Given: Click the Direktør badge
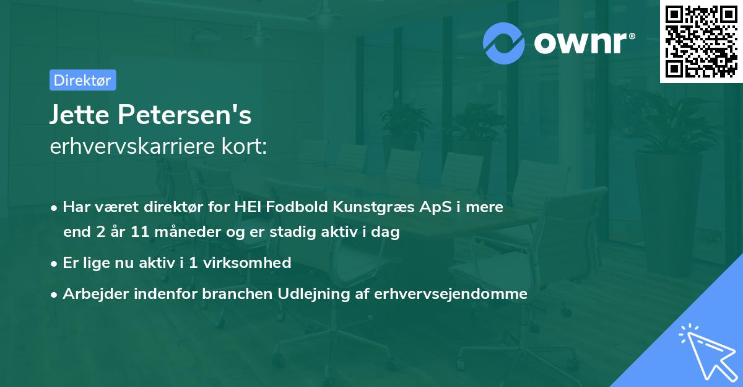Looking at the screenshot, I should [82, 80].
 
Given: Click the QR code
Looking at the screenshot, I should [702, 42].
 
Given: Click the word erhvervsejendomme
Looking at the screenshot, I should [451, 294].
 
